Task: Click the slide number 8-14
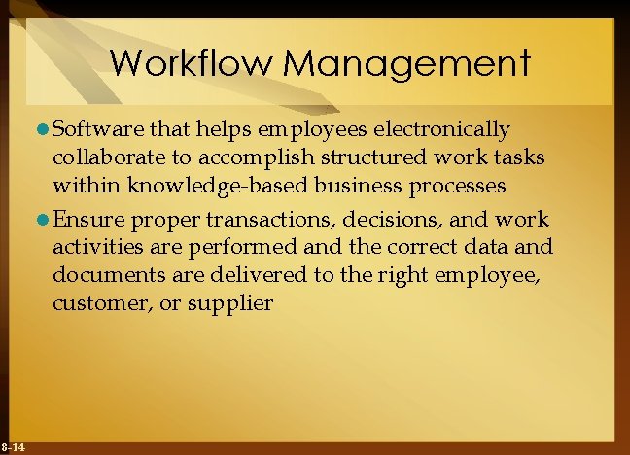point(13,446)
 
